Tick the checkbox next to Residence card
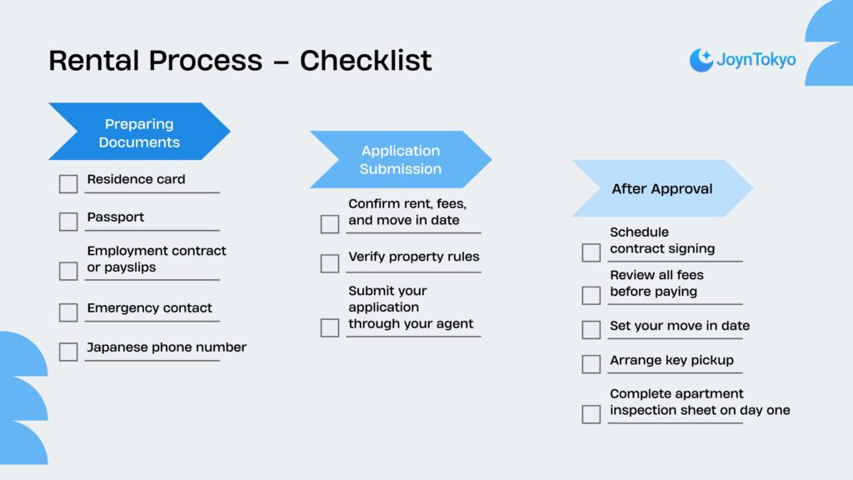pos(68,184)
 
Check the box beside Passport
pos(68,222)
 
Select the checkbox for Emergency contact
pos(68,312)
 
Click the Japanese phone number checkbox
pos(68,352)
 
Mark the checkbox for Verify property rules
pos(330,263)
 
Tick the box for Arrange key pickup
pos(591,364)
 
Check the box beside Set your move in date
pos(591,329)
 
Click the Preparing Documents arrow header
pos(138,132)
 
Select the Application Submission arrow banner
pos(400,159)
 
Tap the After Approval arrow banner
pos(661,188)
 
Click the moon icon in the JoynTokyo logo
pos(701,60)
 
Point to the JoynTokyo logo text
pos(756,60)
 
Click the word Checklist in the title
pos(366,60)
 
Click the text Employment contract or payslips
pos(156,259)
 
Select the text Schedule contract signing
pos(661,240)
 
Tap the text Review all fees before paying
pos(656,283)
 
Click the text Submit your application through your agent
pos(410,307)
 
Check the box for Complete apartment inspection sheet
pos(591,414)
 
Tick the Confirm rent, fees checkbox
pos(330,224)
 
